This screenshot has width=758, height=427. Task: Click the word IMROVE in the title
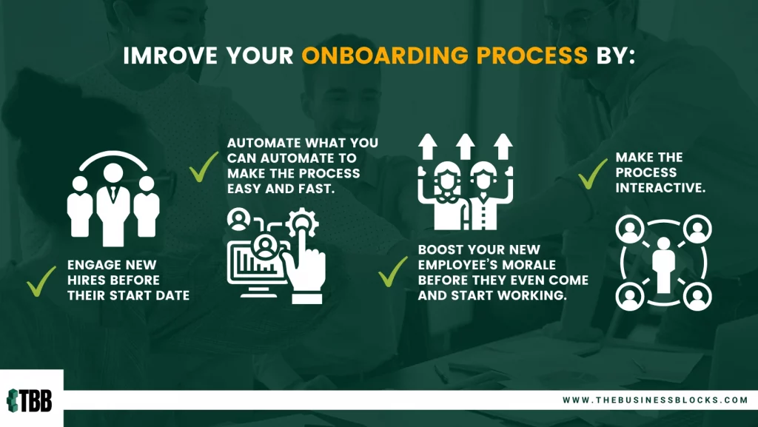click(x=171, y=56)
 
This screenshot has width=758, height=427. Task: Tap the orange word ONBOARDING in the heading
click(x=385, y=56)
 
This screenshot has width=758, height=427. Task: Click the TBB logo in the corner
click(x=30, y=400)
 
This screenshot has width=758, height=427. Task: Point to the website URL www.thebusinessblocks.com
click(x=655, y=400)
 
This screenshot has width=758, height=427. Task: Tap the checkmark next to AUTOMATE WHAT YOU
click(x=204, y=167)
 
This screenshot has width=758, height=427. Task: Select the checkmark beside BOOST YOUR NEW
click(x=393, y=272)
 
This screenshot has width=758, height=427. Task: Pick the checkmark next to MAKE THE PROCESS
click(x=593, y=174)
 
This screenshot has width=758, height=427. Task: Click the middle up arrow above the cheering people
click(x=465, y=147)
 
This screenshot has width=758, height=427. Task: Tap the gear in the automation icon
click(x=302, y=223)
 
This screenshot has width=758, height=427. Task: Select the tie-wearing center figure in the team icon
click(x=113, y=204)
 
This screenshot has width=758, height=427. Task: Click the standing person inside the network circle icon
click(x=663, y=265)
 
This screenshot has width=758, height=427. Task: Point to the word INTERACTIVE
click(x=660, y=187)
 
